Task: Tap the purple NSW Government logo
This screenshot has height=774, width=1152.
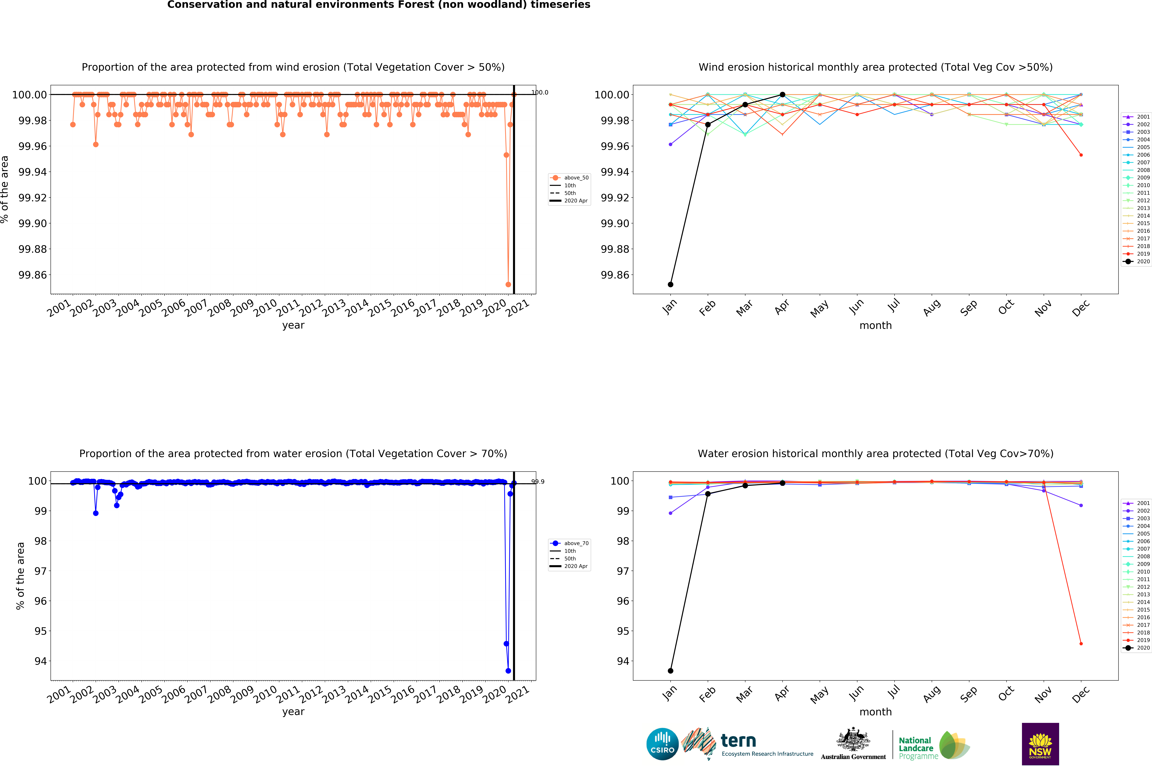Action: (x=1040, y=744)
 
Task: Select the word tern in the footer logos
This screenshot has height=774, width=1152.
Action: (x=738, y=741)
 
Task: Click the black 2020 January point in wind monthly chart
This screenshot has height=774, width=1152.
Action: (x=671, y=284)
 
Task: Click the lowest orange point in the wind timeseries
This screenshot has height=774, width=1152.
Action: (x=508, y=284)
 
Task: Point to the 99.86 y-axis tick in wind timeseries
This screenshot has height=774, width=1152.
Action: (x=33, y=275)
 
